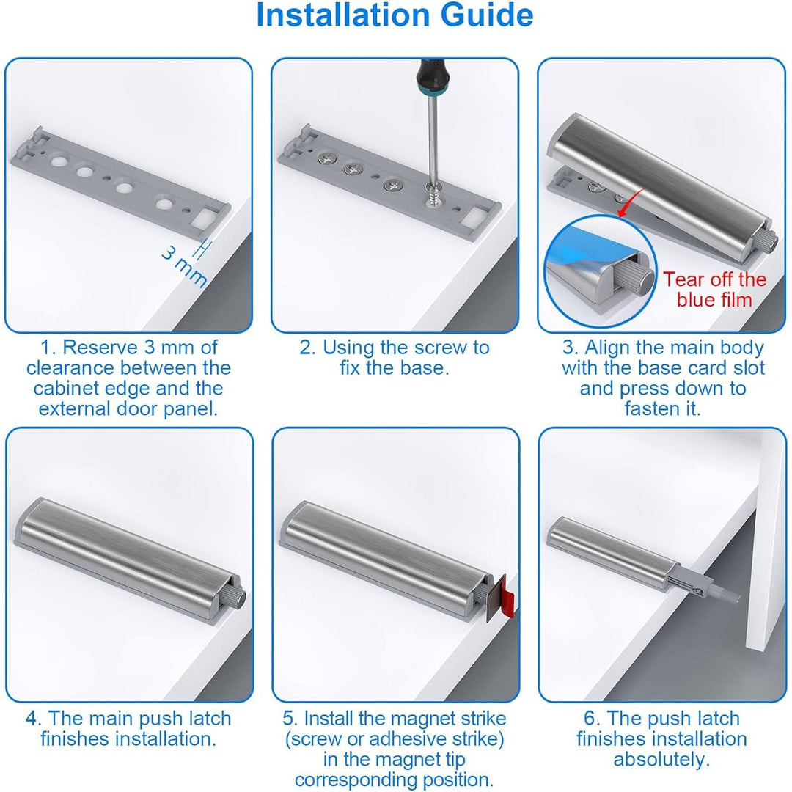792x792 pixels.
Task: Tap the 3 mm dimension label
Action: [x=184, y=267]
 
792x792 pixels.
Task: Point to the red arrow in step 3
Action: [x=631, y=203]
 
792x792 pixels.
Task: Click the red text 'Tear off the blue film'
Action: [x=714, y=290]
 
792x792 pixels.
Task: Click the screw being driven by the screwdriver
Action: [x=434, y=194]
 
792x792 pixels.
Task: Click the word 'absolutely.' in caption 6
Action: [x=661, y=759]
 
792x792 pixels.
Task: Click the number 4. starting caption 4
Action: [x=34, y=718]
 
